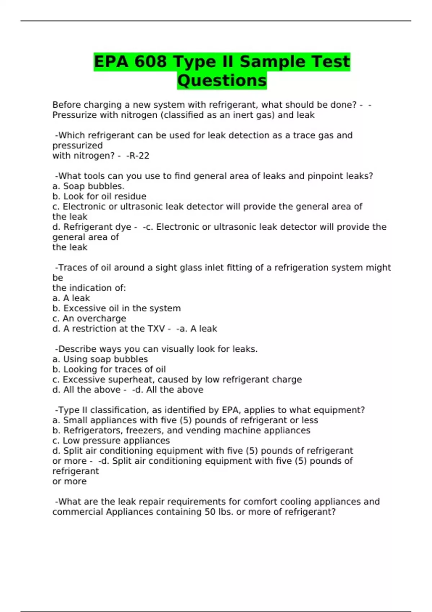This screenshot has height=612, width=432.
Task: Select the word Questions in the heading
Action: pyautogui.click(x=222, y=80)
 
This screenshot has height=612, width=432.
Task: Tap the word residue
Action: pyautogui.click(x=132, y=197)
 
